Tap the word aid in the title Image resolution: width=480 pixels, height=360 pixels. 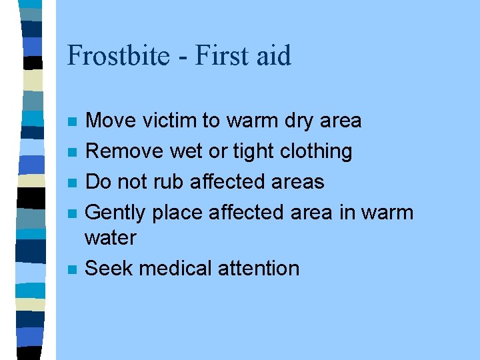click(274, 55)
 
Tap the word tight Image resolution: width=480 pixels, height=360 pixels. click(255, 151)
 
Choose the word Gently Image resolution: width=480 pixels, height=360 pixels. click(117, 213)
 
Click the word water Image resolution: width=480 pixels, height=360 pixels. click(111, 237)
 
